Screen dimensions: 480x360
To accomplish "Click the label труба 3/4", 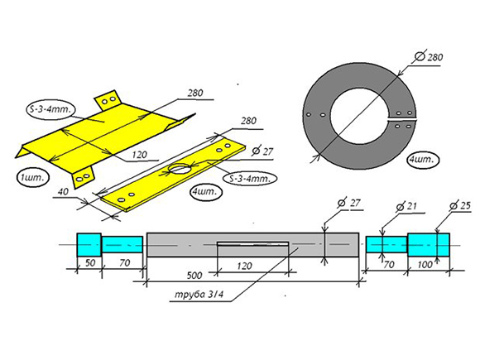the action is tap(199, 295).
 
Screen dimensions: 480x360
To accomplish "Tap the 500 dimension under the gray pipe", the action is tap(194, 276).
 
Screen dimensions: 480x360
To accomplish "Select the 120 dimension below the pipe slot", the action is tap(244, 266).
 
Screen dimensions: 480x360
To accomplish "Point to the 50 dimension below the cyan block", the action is tap(90, 262).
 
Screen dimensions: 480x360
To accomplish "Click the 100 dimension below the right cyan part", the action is tap(425, 265).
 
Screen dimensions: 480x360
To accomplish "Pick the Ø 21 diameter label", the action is tap(406, 207).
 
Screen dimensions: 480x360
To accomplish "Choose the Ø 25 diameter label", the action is tap(460, 206).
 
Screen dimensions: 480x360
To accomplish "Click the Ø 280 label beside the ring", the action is tap(430, 57).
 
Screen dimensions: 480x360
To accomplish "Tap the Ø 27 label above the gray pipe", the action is tap(348, 203).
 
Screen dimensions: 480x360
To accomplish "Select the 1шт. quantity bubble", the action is tap(33, 178).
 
